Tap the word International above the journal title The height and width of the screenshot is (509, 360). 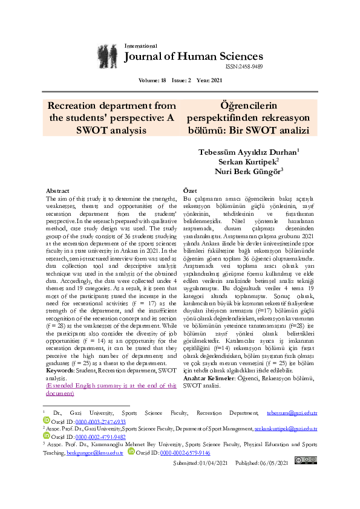pyautogui.click(x=140, y=46)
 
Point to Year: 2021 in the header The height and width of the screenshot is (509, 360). pyautogui.click(x=211, y=80)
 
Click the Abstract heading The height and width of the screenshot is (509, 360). pyautogui.click(x=57, y=190)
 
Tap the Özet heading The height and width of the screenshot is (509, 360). pyautogui.click(x=190, y=190)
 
